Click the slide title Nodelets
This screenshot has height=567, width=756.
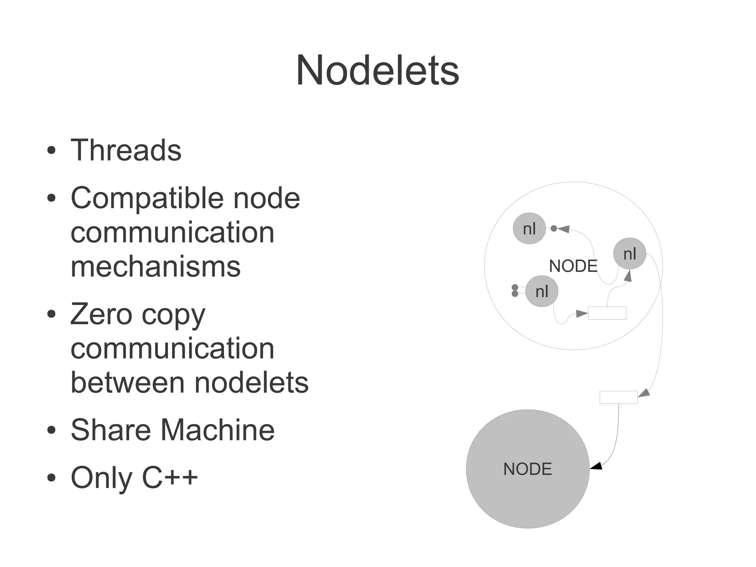377,70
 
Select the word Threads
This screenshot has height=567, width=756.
126,150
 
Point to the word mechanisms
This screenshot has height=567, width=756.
155,267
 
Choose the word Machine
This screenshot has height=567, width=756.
217,430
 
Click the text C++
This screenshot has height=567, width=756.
170,477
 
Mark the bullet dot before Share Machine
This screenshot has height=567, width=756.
52,430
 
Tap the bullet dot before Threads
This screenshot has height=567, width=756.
52,151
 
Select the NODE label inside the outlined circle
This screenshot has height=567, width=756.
573,266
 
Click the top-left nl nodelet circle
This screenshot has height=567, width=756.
529,228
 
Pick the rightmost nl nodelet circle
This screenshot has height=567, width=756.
629,253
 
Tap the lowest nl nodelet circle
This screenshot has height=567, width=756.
542,291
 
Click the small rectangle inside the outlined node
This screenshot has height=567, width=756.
607,313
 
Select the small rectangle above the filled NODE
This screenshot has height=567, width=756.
618,397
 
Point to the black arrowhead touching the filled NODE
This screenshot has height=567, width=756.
596,466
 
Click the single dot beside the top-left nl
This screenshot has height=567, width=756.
554,229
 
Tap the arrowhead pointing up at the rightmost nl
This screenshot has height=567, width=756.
628,276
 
